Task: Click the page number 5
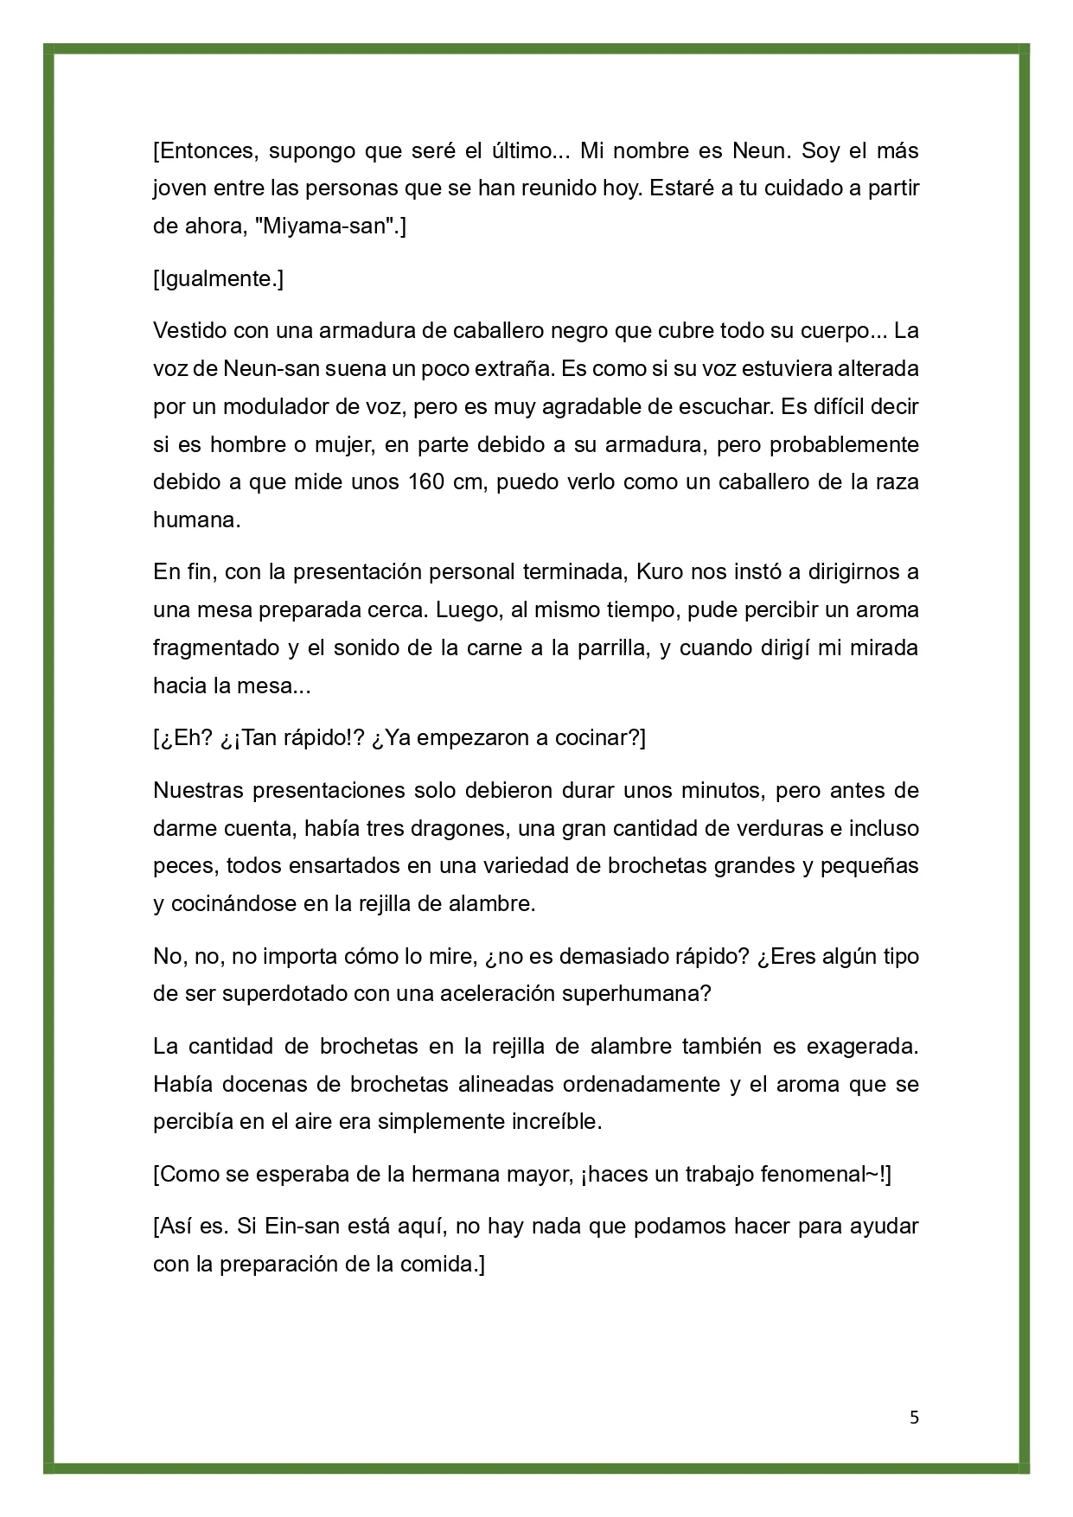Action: pyautogui.click(x=914, y=1418)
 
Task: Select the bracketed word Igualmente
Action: pyautogui.click(x=218, y=279)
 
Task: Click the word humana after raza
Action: pyautogui.click(x=196, y=519)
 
